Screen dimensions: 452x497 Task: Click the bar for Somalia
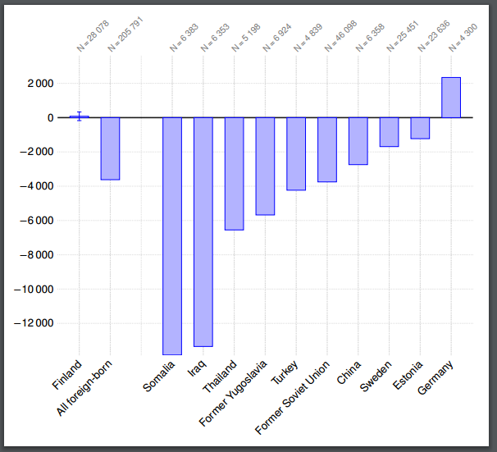pyautogui.click(x=172, y=235)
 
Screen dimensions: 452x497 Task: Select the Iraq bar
pyautogui.click(x=203, y=231)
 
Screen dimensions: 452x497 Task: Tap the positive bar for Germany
pyautogui.click(x=451, y=98)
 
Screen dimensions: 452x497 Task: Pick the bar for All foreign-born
pyautogui.click(x=111, y=148)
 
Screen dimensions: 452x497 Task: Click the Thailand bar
pyautogui.click(x=235, y=173)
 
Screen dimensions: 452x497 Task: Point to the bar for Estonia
pyautogui.click(x=420, y=128)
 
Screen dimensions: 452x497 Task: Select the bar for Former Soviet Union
pyautogui.click(x=327, y=149)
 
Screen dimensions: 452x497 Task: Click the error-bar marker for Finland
pyautogui.click(x=80, y=116)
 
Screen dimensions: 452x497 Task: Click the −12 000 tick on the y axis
pyautogui.click(x=34, y=324)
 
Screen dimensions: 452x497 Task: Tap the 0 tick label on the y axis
pyautogui.click(x=51, y=118)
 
